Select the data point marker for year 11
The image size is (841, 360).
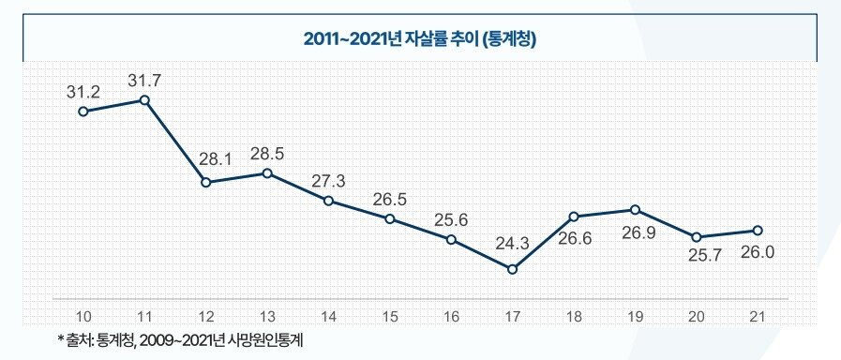pos(144,99)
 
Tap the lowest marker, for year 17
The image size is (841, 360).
pos(512,269)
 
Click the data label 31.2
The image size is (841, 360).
pos(83,92)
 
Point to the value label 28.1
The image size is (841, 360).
pos(206,159)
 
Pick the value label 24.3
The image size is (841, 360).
pos(512,244)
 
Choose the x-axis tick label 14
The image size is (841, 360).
pos(329,316)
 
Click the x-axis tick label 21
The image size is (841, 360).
pos(758,316)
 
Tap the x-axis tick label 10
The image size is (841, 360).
pos(83,316)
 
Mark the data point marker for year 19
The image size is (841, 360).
pos(635,209)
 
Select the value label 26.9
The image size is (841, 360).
pos(635,232)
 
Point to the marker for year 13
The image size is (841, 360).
pos(267,173)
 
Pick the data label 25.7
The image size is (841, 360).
pos(696,256)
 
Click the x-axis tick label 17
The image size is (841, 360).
pos(512,316)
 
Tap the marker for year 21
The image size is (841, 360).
pos(758,231)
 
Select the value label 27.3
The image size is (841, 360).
pos(329,180)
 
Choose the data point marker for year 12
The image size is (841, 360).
pos(206,182)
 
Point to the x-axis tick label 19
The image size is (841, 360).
pos(635,316)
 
